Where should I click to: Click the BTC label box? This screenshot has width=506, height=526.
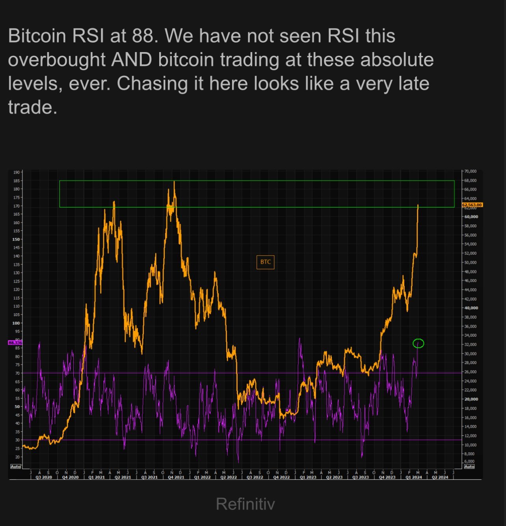pyautogui.click(x=265, y=262)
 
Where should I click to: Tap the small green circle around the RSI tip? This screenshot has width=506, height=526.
pyautogui.click(x=418, y=343)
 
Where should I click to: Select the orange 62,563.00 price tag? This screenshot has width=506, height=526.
pyautogui.click(x=472, y=205)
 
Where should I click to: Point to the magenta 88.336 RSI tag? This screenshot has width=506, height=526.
pyautogui.click(x=15, y=343)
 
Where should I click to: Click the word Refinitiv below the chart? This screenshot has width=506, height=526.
pyautogui.click(x=245, y=504)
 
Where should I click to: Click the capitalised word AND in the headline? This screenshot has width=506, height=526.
pyautogui.click(x=132, y=60)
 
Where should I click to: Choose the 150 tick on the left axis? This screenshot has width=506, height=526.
pyautogui.click(x=16, y=239)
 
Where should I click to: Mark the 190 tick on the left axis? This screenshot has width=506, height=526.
pyautogui.click(x=16, y=172)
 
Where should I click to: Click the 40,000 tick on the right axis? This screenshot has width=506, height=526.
pyautogui.click(x=471, y=308)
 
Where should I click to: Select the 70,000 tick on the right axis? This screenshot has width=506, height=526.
pyautogui.click(x=471, y=171)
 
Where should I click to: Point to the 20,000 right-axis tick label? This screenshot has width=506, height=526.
pyautogui.click(x=471, y=399)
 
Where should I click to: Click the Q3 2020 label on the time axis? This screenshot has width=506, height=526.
pyautogui.click(x=44, y=477)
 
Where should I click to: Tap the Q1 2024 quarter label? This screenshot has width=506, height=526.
pyautogui.click(x=414, y=477)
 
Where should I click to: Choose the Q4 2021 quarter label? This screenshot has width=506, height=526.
pyautogui.click(x=176, y=477)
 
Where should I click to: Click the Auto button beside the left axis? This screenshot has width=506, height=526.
pyautogui.click(x=15, y=466)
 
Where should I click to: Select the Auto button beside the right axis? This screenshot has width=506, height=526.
pyautogui.click(x=469, y=466)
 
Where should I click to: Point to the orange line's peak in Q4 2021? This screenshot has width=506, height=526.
pyautogui.click(x=174, y=182)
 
